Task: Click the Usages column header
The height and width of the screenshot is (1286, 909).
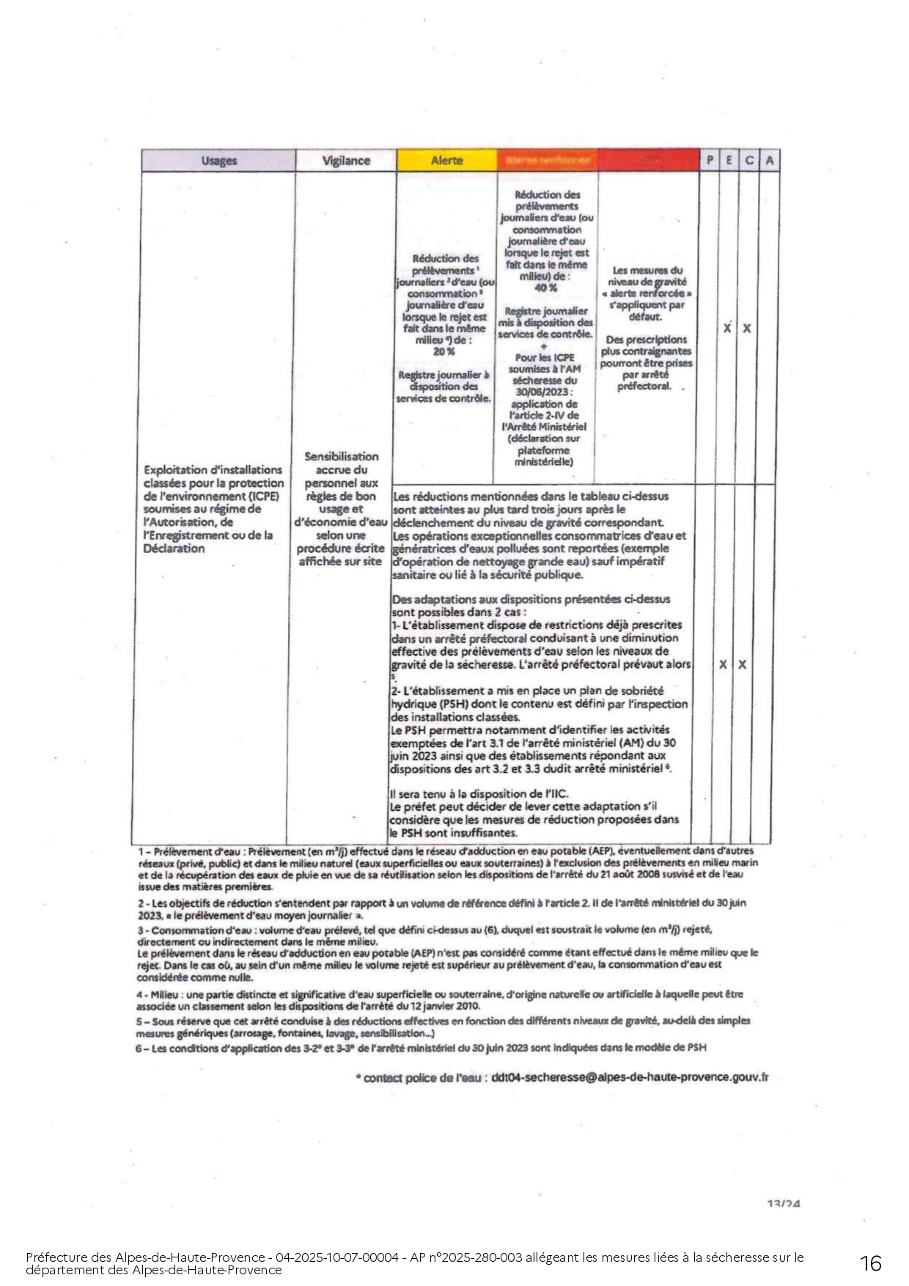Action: point(218,161)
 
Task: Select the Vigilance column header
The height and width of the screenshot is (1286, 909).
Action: point(346,161)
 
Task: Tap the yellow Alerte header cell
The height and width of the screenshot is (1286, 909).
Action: point(446,161)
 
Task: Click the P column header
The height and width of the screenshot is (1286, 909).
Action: point(709,160)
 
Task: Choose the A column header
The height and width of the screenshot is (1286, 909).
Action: point(769,160)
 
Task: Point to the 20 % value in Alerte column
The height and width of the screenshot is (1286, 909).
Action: point(444,352)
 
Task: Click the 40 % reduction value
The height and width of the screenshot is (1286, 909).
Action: point(545,288)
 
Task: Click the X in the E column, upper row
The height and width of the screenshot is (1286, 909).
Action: point(727,328)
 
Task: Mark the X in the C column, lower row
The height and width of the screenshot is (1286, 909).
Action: point(742,665)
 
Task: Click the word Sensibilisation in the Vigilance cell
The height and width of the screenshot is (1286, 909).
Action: point(342,457)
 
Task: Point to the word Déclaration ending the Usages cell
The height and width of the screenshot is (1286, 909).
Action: point(174,549)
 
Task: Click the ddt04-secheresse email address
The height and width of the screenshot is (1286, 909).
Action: point(630,1077)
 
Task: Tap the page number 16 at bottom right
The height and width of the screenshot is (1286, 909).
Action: point(870,1263)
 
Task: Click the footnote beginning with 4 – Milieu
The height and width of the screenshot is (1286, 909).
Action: point(439,1000)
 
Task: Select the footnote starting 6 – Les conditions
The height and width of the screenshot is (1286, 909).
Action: point(421,1048)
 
